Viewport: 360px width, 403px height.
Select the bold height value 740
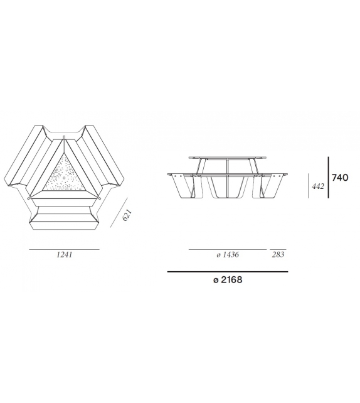click(340, 178)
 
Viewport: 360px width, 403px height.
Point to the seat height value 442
click(318, 186)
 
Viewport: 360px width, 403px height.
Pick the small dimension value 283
click(278, 255)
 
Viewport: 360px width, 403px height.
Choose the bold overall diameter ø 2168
click(227, 281)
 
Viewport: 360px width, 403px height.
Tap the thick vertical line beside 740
click(329, 178)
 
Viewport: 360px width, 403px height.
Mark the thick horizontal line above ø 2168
click(227, 272)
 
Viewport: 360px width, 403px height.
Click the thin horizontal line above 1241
click(64, 249)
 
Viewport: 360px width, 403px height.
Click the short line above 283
click(278, 249)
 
